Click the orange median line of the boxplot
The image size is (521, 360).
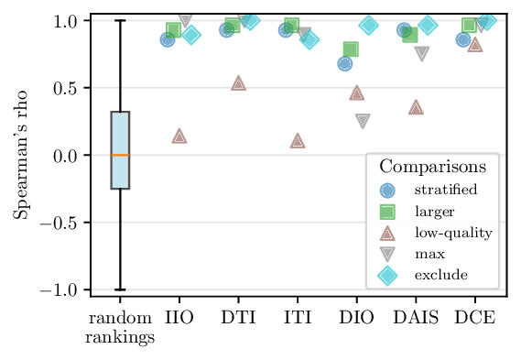[120, 156]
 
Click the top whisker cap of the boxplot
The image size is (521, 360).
[120, 20]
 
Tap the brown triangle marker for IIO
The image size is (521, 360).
[179, 136]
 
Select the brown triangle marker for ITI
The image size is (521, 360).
[298, 141]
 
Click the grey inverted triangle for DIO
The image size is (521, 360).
[363, 121]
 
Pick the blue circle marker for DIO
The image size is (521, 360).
[344, 63]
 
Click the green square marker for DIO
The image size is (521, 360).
[351, 49]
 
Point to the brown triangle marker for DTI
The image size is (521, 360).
[239, 83]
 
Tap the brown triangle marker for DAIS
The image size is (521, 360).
[416, 107]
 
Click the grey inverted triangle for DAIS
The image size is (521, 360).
[421, 54]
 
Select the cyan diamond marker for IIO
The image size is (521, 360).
[191, 36]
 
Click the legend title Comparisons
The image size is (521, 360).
[433, 168]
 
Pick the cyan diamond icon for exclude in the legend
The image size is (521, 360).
[388, 275]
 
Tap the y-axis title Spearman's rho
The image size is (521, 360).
[19, 154]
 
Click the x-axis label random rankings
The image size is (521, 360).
[120, 329]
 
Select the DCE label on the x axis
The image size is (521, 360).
[475, 320]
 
